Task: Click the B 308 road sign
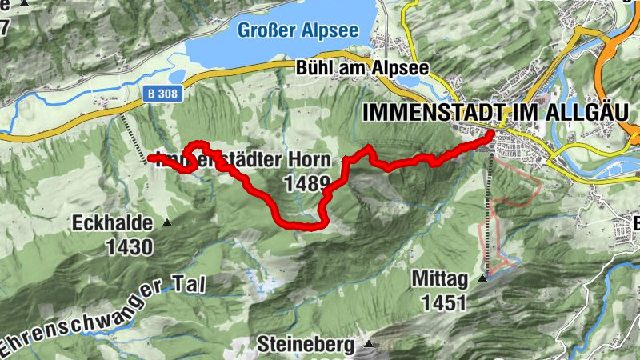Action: coord(164,94)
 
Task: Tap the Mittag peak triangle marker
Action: coord(482,279)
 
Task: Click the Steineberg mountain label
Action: coord(306,346)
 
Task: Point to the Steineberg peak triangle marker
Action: coord(368,345)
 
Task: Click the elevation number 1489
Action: coord(307,184)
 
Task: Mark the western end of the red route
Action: coord(150,158)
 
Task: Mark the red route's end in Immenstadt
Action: coord(490,137)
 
